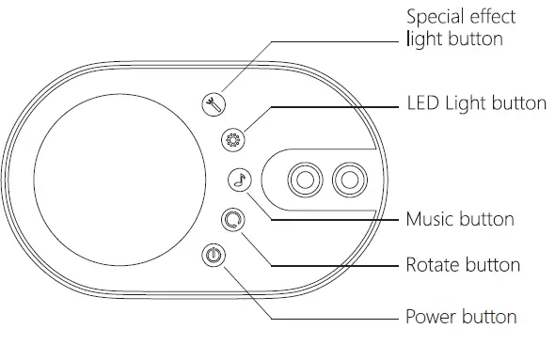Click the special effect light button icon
[215, 104]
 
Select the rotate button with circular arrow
[232, 220]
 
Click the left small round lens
[306, 179]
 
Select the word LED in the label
[423, 102]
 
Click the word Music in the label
[429, 219]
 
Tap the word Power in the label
[429, 316]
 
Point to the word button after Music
[485, 219]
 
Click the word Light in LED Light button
[468, 102]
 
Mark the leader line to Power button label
[339, 317]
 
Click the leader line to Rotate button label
[339, 266]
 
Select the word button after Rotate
[491, 265]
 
